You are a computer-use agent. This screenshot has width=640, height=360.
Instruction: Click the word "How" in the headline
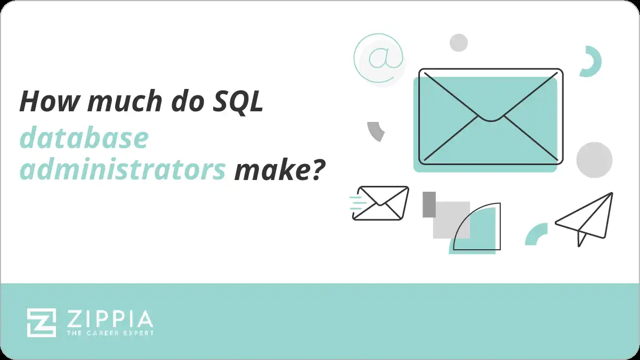pos(48,101)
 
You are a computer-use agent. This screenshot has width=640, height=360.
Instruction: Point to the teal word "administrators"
pos(123,170)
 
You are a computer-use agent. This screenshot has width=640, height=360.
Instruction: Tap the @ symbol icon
pos(378,58)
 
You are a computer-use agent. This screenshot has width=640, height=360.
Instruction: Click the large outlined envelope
pos(490,116)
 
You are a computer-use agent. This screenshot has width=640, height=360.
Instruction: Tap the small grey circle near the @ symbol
pos(458,43)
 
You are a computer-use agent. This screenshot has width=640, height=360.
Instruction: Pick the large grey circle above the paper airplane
pos(594,160)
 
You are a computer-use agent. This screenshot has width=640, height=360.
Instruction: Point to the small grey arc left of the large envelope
pos(376,131)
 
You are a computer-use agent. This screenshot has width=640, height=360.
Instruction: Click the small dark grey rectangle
pos(429,204)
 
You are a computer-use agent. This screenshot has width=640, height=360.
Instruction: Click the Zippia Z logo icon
pos(42,322)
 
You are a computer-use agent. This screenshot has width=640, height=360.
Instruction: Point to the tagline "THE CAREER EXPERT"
pos(110,333)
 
